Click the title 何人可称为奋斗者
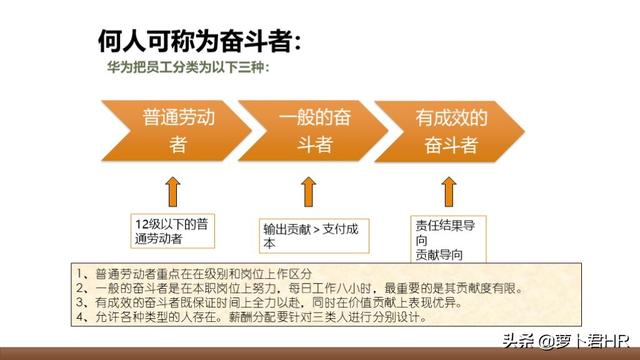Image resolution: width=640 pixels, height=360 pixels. pyautogui.click(x=199, y=41)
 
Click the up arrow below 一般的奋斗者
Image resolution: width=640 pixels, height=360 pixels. pyautogui.click(x=309, y=191)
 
